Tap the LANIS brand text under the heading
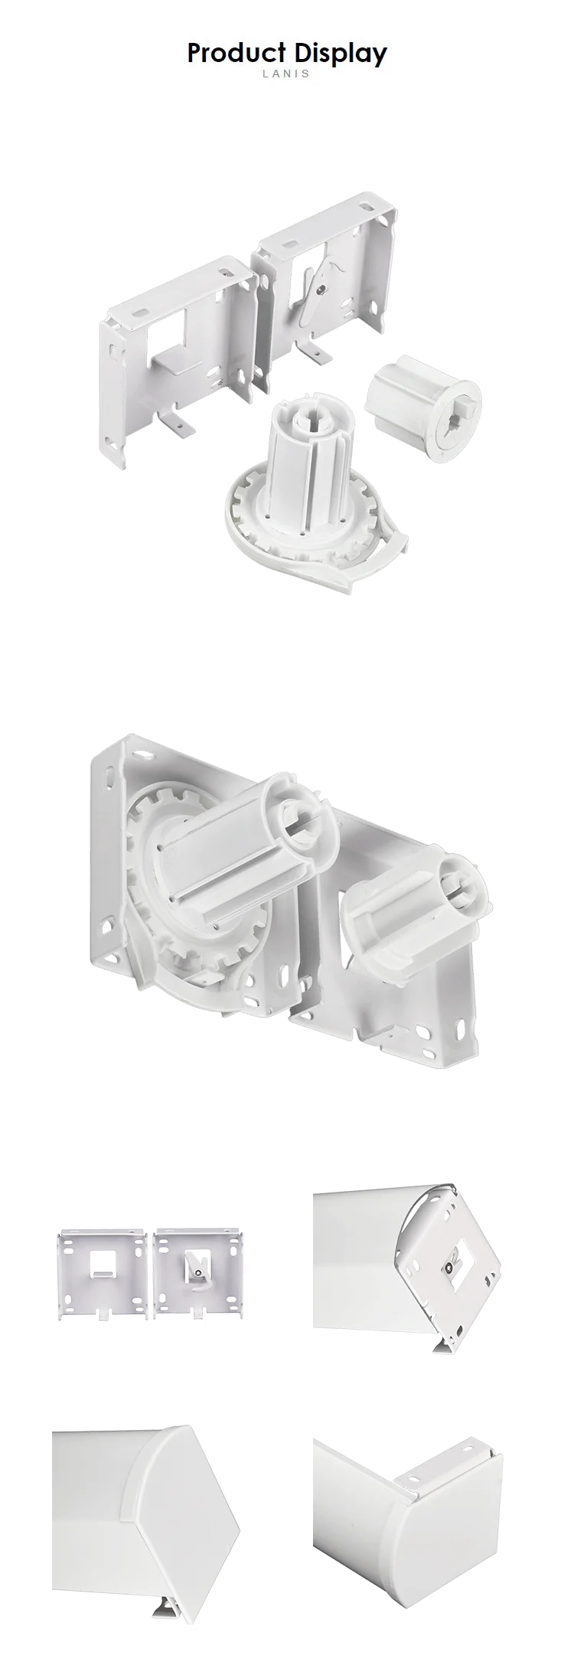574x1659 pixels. [x=287, y=74]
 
